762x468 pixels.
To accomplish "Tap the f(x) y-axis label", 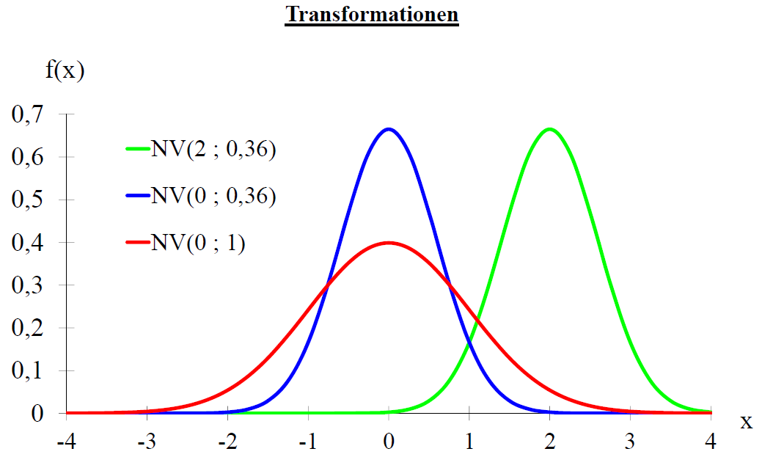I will coord(64,72).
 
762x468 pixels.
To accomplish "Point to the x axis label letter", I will coord(746,422).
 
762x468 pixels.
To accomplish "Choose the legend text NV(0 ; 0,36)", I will coord(213,197).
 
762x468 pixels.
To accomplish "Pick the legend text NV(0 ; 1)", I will coord(198,243).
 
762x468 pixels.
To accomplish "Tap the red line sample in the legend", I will coord(137,243).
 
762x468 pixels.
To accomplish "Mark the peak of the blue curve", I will coord(389,129).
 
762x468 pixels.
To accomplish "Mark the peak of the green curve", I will coord(550,129).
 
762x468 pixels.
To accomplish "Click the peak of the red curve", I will coord(389,243).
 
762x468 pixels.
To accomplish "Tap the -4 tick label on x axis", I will coord(66,444).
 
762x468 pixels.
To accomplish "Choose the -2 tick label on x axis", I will coord(227,444).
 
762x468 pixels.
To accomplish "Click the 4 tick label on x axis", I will coord(711,444).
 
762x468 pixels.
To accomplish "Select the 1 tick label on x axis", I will coord(469,444).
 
